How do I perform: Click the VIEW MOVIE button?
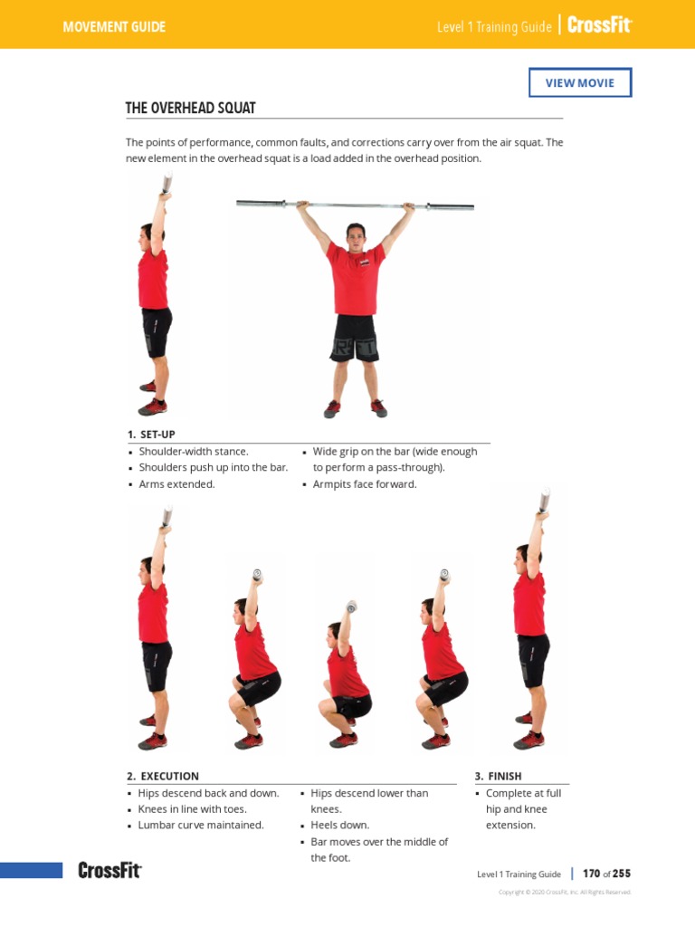pyautogui.click(x=579, y=82)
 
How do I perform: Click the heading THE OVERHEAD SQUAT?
pyautogui.click(x=190, y=108)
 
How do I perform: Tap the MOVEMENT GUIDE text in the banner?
pyautogui.click(x=114, y=26)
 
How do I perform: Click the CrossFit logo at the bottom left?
pyautogui.click(x=109, y=871)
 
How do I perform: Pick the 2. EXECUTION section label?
pyautogui.click(x=163, y=776)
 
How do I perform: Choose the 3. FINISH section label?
pyautogui.click(x=498, y=776)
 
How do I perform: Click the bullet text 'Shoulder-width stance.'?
pyautogui.click(x=194, y=451)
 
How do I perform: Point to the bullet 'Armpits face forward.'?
pyautogui.click(x=365, y=484)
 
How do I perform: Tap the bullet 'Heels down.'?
pyautogui.click(x=338, y=826)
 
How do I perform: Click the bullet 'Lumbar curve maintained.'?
pyautogui.click(x=201, y=826)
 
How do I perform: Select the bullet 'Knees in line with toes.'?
pyautogui.click(x=193, y=809)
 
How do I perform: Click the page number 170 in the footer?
pyautogui.click(x=592, y=874)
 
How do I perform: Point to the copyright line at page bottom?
pyautogui.click(x=565, y=893)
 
